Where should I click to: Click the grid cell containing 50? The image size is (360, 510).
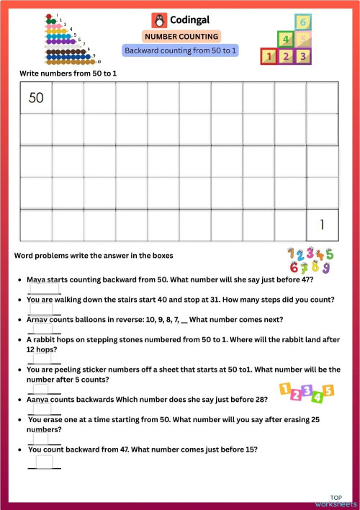(x=36, y=98)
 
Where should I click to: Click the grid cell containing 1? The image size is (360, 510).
(x=322, y=225)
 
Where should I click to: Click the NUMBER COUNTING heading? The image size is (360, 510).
(x=181, y=36)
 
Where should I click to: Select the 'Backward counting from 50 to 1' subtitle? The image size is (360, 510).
(x=181, y=50)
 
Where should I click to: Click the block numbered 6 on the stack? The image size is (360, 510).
(x=304, y=22)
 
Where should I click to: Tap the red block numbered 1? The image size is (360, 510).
(x=270, y=55)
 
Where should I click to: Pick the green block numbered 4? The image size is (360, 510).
(x=287, y=40)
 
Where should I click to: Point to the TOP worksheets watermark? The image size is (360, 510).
(x=336, y=501)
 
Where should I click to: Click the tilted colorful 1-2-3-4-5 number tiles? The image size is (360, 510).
(x=306, y=392)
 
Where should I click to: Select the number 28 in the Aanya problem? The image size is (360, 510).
(x=262, y=398)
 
